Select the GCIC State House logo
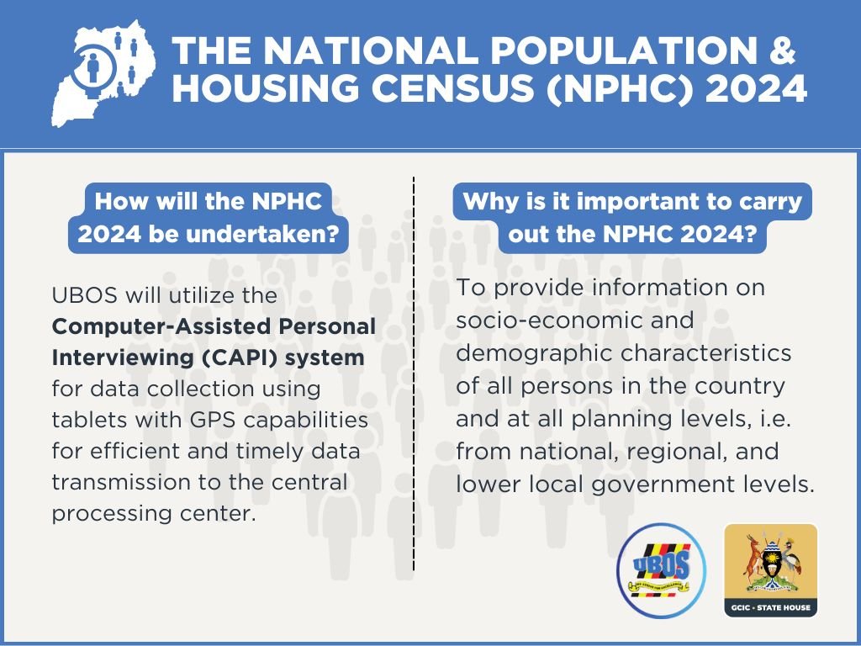coord(770,570)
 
